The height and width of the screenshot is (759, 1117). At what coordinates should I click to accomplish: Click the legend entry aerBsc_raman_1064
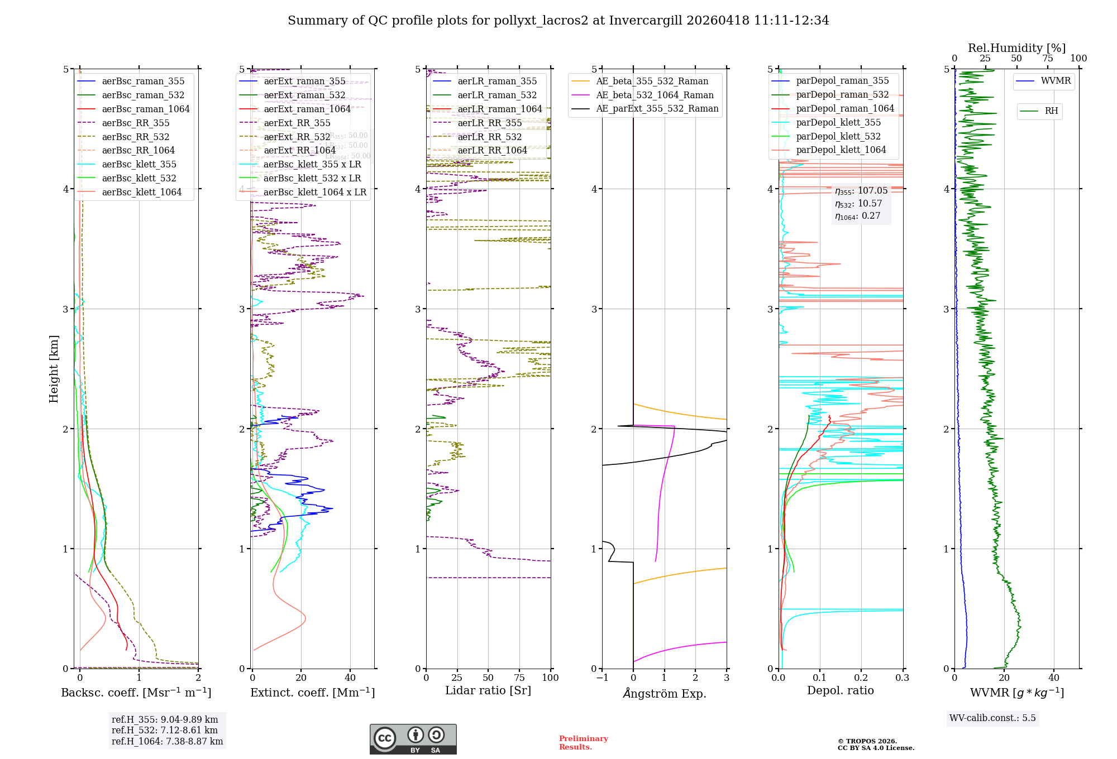pos(145,109)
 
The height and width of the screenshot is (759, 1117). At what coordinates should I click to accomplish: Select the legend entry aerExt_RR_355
pos(297,123)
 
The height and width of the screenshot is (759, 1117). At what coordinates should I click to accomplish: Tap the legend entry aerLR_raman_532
pos(497,95)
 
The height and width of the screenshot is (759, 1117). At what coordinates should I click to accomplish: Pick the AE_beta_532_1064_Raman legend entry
pos(655,95)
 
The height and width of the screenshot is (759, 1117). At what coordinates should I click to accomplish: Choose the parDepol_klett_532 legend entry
pos(838,137)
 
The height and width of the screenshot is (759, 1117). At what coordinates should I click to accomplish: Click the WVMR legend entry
pos(1056,81)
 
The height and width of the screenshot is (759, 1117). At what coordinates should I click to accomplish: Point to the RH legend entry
pos(1051,111)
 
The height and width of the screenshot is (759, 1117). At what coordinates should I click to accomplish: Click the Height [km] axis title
pos(54,368)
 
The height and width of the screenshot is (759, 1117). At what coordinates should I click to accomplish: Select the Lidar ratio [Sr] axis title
pos(488,690)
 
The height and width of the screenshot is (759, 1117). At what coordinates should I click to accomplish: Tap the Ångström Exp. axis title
pos(664,693)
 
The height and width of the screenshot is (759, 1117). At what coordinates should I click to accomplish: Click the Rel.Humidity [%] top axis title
pos(1016,48)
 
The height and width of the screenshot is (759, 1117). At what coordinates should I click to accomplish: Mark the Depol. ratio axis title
pos(840,690)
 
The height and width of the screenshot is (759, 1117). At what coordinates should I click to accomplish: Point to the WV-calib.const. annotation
pos(992,718)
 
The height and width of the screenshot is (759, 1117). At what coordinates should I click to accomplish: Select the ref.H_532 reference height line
pos(165,731)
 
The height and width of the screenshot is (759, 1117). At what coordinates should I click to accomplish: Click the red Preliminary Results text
pos(583,743)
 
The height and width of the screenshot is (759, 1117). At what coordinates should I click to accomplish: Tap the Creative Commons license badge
pos(413,739)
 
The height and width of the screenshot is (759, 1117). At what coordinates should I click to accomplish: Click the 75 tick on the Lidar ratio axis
pos(519,678)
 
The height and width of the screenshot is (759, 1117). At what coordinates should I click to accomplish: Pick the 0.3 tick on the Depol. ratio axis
pos(902,678)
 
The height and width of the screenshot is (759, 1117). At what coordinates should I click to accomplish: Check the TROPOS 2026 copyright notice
pos(875,744)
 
